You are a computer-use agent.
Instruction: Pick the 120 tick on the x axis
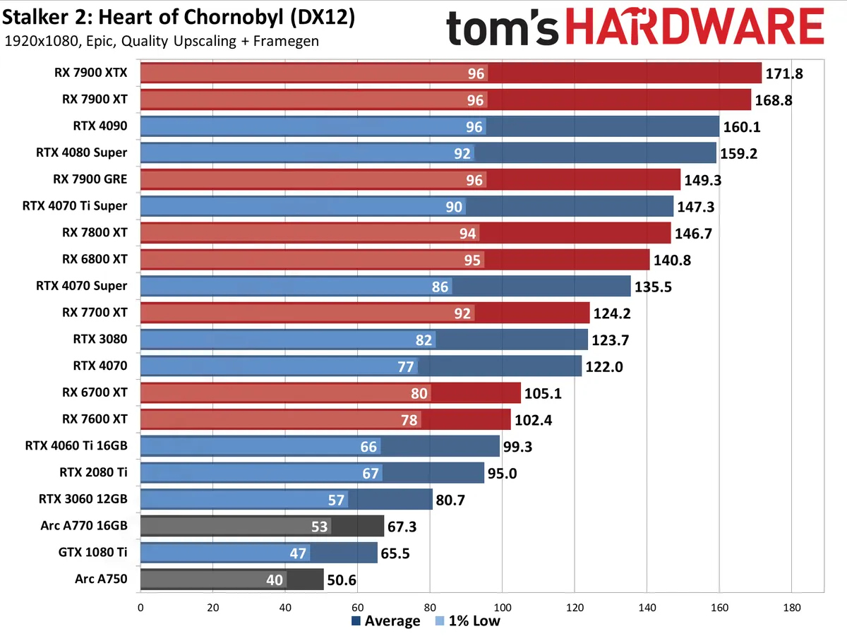pos(575,607)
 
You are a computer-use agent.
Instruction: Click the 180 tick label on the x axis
pos(791,607)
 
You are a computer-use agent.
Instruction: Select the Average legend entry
pos(385,621)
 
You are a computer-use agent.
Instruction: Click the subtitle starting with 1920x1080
pos(161,41)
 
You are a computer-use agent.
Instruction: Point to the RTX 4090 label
pos(100,126)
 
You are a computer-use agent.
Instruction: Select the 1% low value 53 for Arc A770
pos(319,527)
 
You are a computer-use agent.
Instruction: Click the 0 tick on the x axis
pos(140,607)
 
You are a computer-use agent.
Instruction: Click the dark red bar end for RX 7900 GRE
pos(656,179)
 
